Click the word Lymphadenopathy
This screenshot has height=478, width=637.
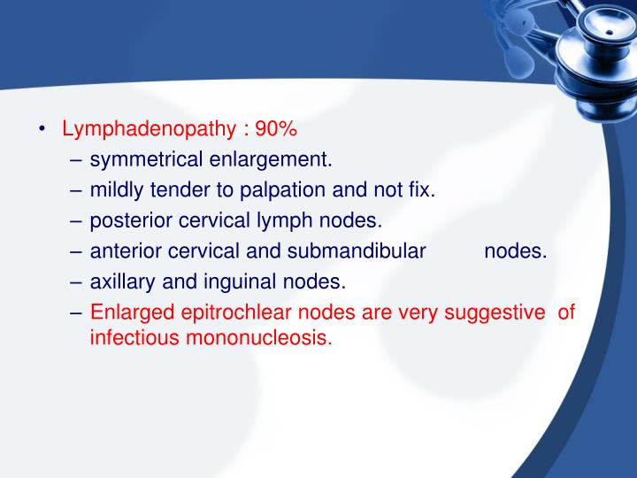147,129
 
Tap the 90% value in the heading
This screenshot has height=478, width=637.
276,129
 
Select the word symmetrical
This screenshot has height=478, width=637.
147,160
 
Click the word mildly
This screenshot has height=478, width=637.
118,190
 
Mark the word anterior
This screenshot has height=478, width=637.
125,251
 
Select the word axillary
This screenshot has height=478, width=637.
122,281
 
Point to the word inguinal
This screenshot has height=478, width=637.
244,281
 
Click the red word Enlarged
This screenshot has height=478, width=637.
127,312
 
